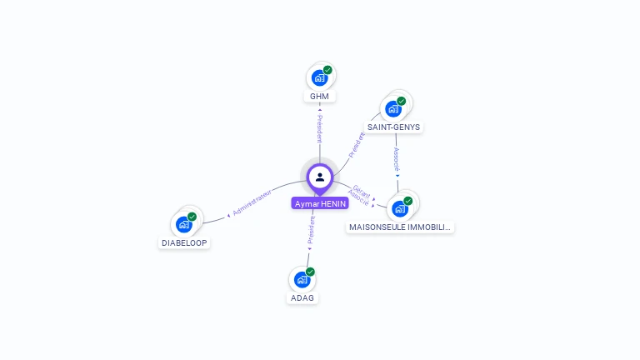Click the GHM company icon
click(x=318, y=78)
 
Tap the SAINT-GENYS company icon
click(x=392, y=108)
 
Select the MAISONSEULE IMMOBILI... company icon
click(x=400, y=208)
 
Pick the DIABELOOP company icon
click(x=183, y=224)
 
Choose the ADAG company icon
click(x=302, y=280)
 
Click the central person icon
click(x=320, y=177)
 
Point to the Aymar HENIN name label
click(x=320, y=203)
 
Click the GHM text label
click(x=319, y=97)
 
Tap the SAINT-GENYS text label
click(x=394, y=127)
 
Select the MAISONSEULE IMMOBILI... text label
click(x=401, y=227)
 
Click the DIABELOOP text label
click(x=184, y=242)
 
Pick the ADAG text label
click(x=302, y=297)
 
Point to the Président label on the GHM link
click(x=319, y=128)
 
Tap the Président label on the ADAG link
click(x=310, y=230)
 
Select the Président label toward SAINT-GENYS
click(x=357, y=144)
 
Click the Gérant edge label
click(x=362, y=191)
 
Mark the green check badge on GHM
click(x=327, y=71)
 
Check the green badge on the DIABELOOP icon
click(x=192, y=217)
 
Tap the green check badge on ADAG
click(x=310, y=272)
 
